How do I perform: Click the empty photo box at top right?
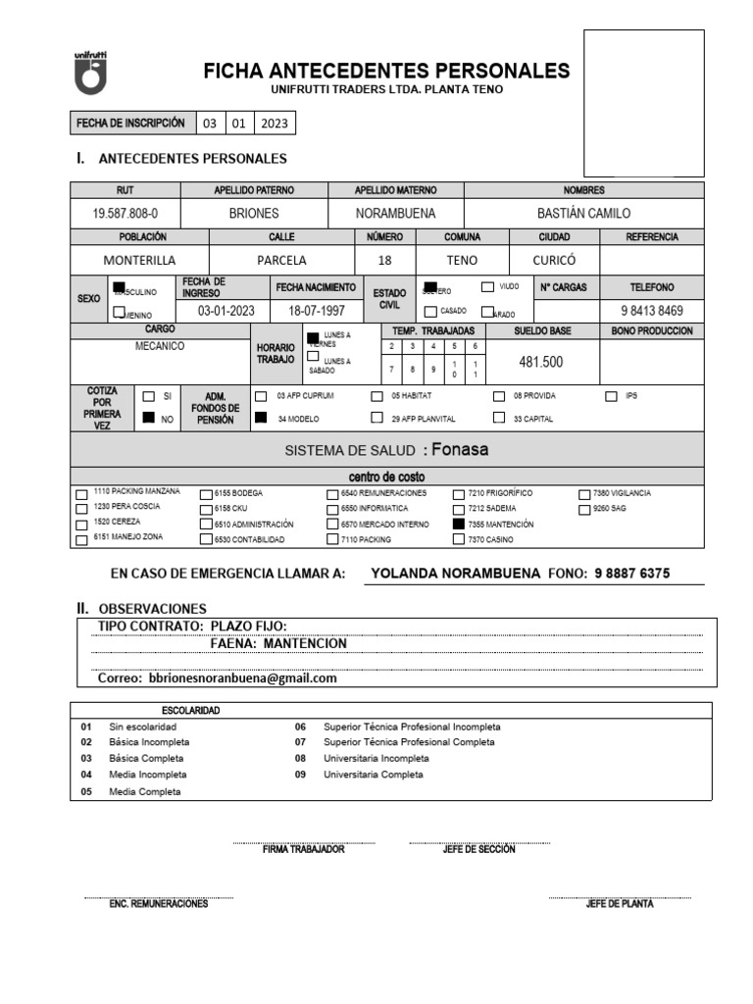click(x=643, y=103)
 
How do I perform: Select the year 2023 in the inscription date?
click(x=275, y=124)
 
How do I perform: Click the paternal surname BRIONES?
click(x=254, y=213)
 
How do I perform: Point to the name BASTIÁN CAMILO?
click(x=584, y=213)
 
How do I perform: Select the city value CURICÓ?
click(x=554, y=261)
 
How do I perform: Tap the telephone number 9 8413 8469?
click(x=652, y=310)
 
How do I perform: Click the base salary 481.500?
click(x=540, y=362)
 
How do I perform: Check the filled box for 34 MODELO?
click(x=261, y=418)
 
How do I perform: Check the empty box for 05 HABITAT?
click(x=376, y=397)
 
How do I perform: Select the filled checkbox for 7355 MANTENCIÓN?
click(x=459, y=525)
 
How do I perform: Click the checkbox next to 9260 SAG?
click(x=585, y=510)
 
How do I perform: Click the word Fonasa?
click(x=460, y=450)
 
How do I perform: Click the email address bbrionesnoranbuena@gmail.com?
click(x=242, y=678)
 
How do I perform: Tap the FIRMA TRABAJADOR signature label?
click(x=303, y=849)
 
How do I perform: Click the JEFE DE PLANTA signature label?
click(x=619, y=904)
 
